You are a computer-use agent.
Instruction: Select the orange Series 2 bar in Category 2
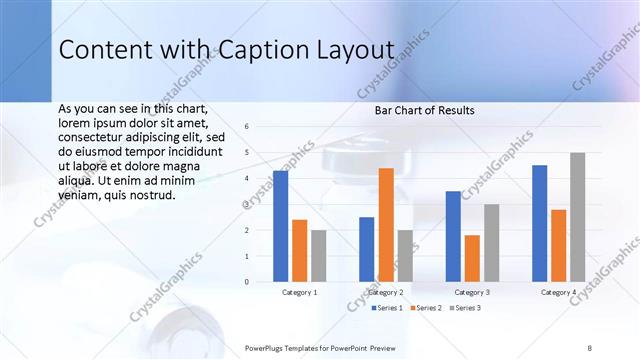pyautogui.click(x=386, y=225)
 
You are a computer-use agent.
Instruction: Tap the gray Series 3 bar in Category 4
pyautogui.click(x=578, y=217)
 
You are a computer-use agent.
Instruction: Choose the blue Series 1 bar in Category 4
pyautogui.click(x=539, y=223)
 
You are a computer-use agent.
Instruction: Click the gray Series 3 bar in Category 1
pyautogui.click(x=318, y=256)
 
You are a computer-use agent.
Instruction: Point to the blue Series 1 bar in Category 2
pyautogui.click(x=367, y=249)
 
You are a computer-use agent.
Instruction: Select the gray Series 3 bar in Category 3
pyautogui.click(x=491, y=243)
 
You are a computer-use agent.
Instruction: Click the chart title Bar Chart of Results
pyautogui.click(x=424, y=110)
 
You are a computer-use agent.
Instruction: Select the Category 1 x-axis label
pyautogui.click(x=299, y=293)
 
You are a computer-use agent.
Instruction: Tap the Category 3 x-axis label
pyautogui.click(x=472, y=293)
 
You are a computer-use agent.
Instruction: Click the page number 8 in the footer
pyautogui.click(x=589, y=347)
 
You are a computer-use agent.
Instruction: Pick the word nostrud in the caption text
pyautogui.click(x=152, y=195)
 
